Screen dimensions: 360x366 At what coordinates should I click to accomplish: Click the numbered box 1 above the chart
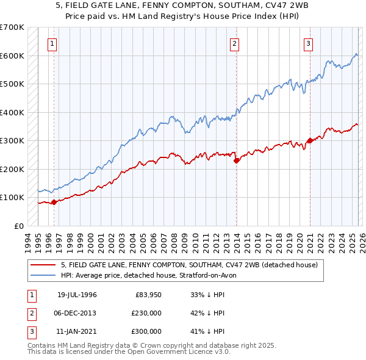53,43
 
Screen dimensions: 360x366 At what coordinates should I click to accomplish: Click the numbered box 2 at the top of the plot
235,43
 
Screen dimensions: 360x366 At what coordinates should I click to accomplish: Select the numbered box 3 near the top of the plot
309,43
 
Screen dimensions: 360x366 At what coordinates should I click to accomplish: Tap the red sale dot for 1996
54,202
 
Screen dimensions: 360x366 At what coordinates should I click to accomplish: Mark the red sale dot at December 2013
235,160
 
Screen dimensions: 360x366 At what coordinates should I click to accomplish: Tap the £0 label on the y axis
18,226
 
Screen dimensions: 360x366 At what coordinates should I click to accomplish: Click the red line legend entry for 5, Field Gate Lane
189,265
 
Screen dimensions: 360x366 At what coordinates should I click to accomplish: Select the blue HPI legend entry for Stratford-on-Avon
152,276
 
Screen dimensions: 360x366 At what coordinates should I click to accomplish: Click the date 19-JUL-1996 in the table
77,295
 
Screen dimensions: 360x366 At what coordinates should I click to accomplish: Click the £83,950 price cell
146,295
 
